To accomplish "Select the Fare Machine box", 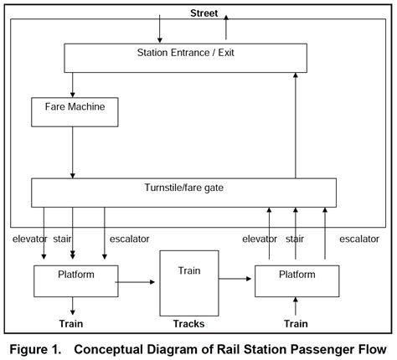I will pos(73,110).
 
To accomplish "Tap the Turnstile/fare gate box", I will pos(183,192).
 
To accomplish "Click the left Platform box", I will pos(75,280).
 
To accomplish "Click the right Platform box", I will pos(296,280).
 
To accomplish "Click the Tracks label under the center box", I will pos(188,323).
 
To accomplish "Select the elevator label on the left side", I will pos(31,239).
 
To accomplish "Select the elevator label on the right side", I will pos(260,239).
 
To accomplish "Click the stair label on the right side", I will pos(295,239).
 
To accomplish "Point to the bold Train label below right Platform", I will pos(296,323).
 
